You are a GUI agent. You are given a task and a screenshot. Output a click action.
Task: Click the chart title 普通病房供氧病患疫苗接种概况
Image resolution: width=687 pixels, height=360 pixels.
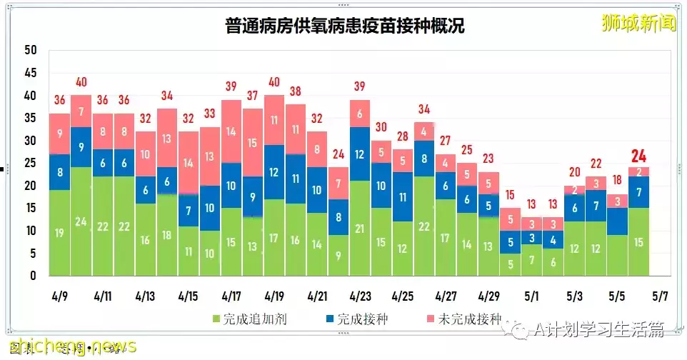coord(344,26)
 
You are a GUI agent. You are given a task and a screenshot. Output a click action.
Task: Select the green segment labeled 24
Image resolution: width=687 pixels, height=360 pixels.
coord(81,221)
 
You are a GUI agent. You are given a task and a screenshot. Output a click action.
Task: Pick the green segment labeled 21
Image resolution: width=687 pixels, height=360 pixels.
coord(359,229)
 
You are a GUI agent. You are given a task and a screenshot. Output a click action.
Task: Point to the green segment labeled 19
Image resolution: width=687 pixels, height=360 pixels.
coord(59,233)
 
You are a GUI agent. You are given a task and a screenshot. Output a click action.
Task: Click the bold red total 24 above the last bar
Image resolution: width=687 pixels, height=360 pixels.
coord(638,156)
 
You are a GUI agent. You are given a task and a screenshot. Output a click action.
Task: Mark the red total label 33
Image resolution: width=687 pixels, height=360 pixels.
coord(209,114)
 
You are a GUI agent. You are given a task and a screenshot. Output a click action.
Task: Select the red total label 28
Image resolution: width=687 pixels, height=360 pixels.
coord(402,136)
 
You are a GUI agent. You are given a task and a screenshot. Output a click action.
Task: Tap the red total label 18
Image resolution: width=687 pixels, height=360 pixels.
coord(616,181)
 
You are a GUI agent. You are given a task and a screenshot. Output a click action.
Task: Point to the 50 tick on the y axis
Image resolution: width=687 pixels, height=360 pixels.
coord(30,50)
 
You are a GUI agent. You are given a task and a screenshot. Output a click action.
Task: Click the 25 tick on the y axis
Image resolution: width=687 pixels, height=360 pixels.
coord(30,163)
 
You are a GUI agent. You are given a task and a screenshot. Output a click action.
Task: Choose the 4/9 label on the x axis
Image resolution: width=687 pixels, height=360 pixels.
coord(59,295)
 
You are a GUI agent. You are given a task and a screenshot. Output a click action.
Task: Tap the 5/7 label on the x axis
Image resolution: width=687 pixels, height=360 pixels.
coord(659,295)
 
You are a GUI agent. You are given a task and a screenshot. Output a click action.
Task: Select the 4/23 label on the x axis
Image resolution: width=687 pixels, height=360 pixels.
coord(359,295)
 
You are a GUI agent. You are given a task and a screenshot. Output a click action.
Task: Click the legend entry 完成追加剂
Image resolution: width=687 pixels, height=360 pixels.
coord(241,319)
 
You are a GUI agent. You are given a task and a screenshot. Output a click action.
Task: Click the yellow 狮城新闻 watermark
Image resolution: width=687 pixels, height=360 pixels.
coord(637,23)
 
